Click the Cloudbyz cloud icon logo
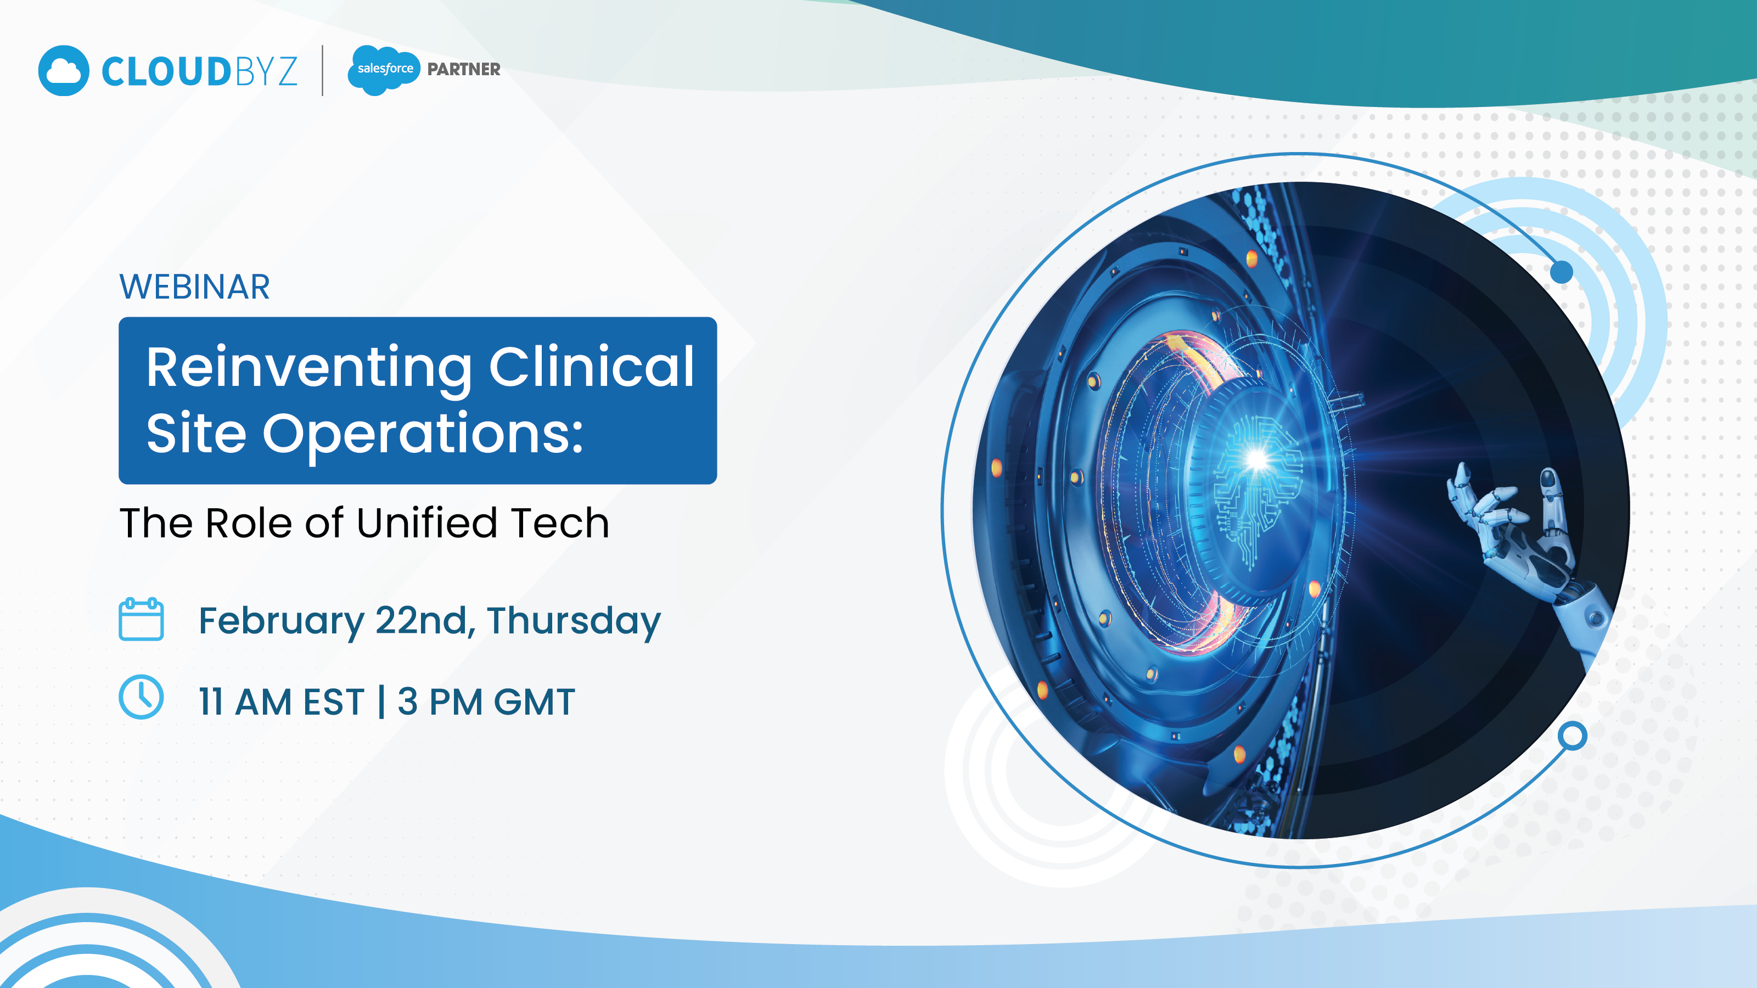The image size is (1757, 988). coord(64,70)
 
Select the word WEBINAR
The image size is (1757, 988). coord(194,287)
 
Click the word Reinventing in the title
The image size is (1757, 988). coord(309,368)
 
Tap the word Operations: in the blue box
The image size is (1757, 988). coord(423,434)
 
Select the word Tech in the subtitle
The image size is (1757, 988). coord(560,523)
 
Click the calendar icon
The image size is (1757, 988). coord(141,619)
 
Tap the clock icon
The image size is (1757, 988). coord(141,697)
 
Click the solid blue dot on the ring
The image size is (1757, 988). coord(1561,272)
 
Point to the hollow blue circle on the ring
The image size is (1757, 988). coord(1572,736)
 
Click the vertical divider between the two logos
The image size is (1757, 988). coord(323,70)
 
